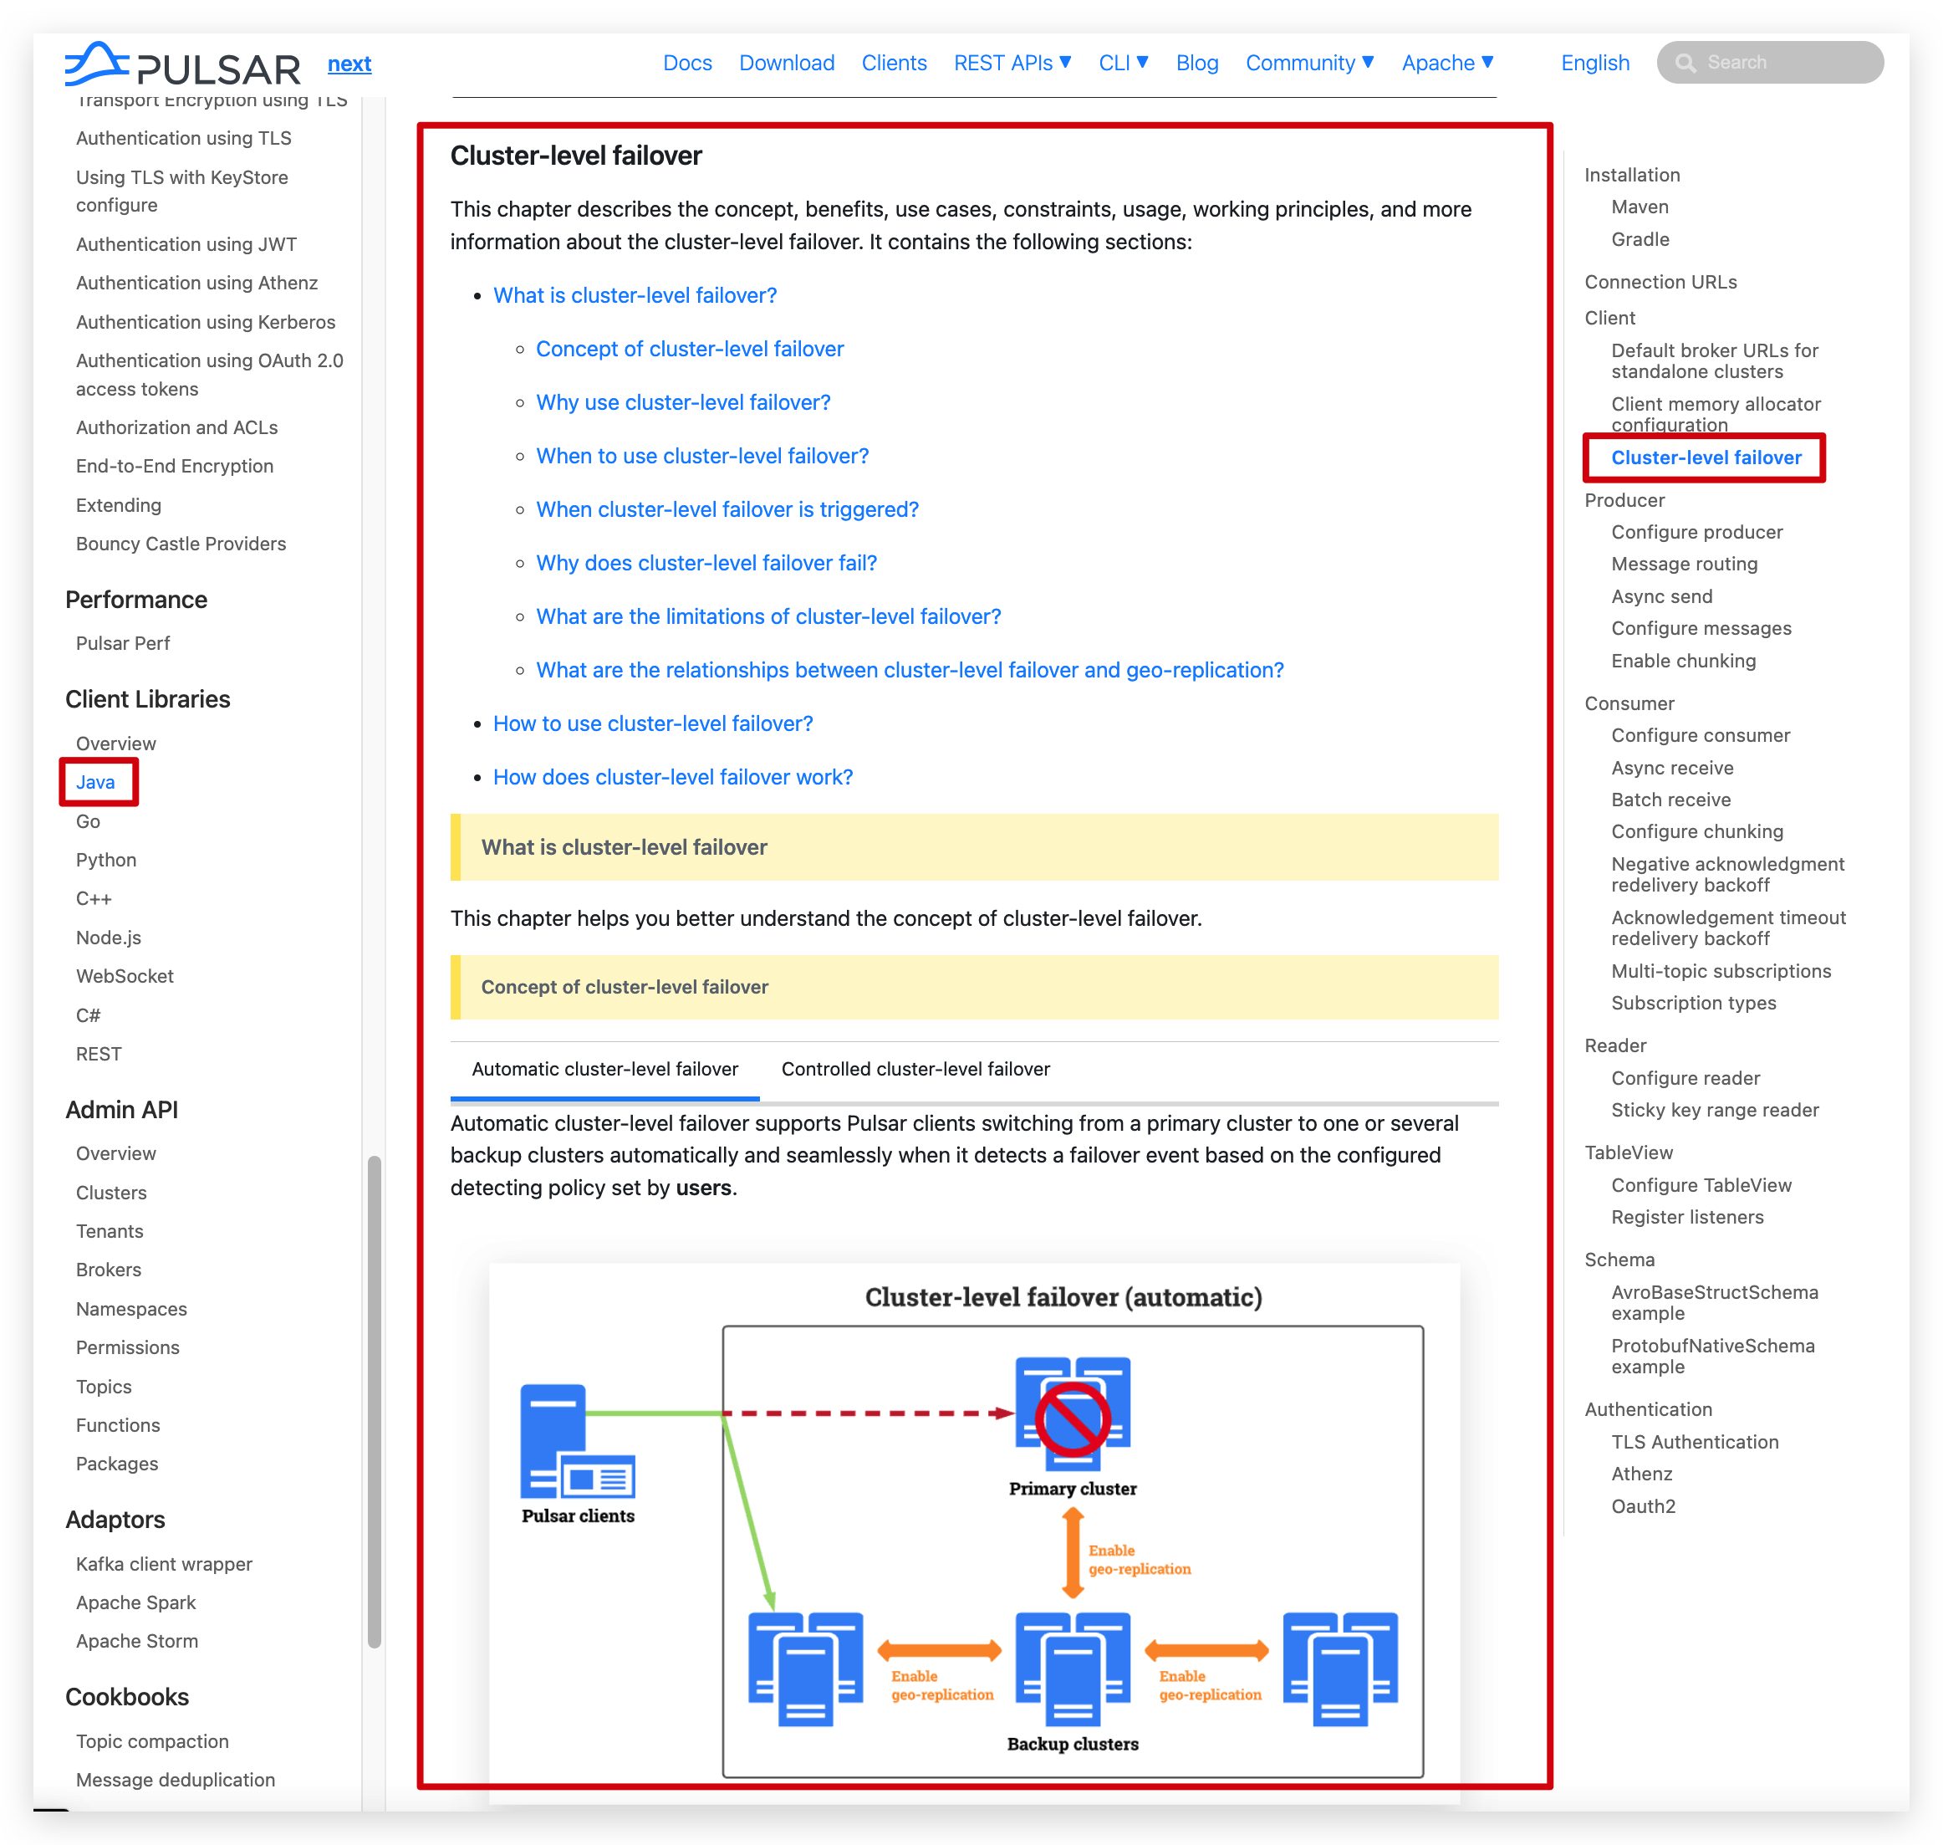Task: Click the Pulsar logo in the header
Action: tap(182, 65)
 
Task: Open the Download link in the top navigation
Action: tap(787, 63)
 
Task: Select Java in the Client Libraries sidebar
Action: tap(95, 782)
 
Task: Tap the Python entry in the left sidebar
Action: tap(106, 860)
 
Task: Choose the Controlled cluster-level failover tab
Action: tap(915, 1069)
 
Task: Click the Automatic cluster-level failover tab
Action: tap(604, 1069)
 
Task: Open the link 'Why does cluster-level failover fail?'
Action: tap(706, 563)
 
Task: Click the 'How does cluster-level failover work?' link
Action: tap(672, 777)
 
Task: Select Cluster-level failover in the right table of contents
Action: tap(1706, 457)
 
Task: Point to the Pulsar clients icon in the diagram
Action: tap(577, 1441)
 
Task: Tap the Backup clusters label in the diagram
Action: tap(1072, 1744)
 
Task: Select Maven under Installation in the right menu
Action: tap(1640, 207)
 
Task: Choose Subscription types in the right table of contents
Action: tap(1693, 1003)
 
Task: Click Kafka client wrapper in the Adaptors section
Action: tap(164, 1564)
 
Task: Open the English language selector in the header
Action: tap(1594, 63)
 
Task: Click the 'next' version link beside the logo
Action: tap(349, 64)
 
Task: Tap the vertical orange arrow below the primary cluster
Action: tap(1072, 1554)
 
